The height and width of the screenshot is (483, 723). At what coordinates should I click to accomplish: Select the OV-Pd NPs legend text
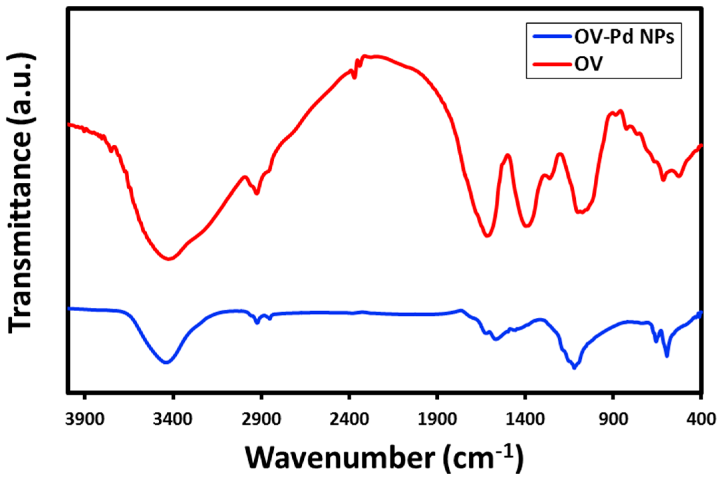tap(624, 37)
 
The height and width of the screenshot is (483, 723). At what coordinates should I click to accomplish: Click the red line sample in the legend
tap(551, 64)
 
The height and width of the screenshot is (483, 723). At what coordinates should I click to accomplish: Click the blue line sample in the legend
tap(551, 36)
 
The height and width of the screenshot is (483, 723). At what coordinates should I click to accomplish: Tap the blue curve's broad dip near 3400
tap(166, 362)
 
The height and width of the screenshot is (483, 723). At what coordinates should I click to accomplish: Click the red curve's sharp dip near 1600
tap(487, 236)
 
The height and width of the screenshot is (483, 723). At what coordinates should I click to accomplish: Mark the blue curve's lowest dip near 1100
tap(574, 368)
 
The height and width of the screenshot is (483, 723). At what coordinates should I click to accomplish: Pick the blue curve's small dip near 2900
tap(257, 323)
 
